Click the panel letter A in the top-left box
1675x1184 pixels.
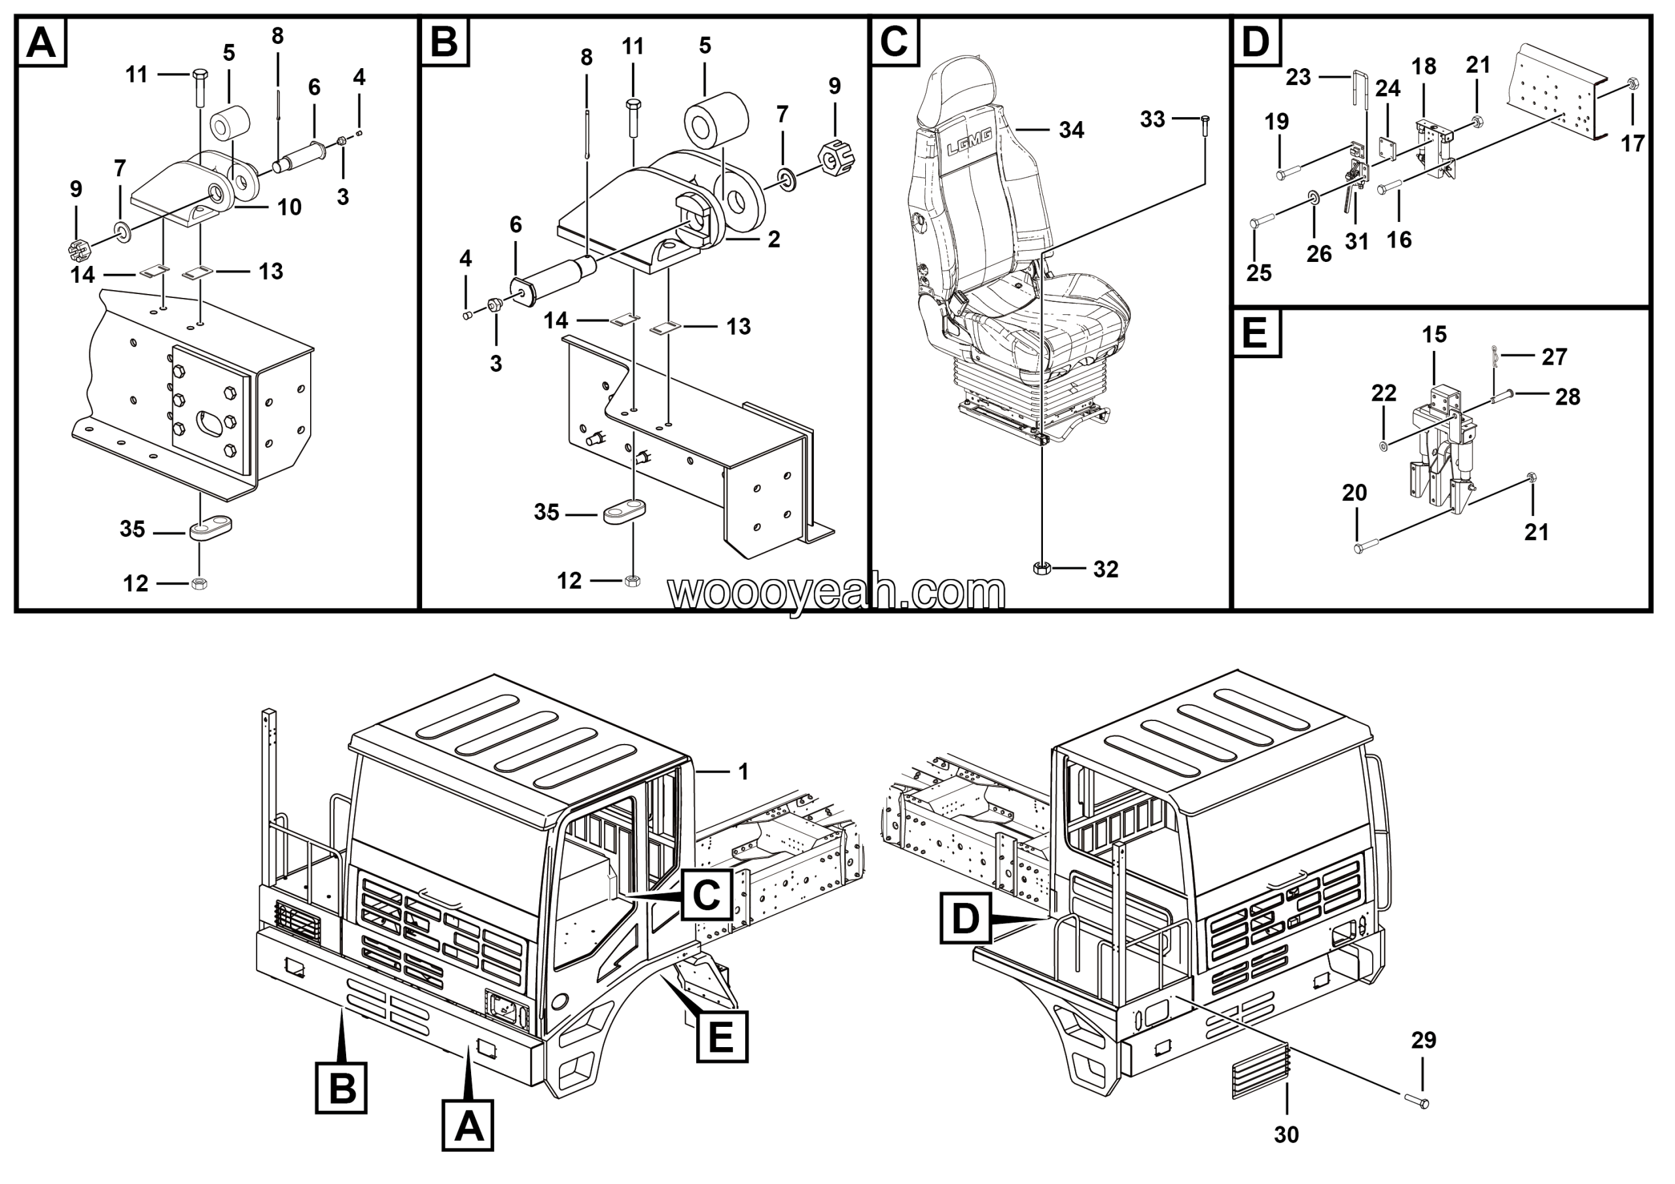pos(41,43)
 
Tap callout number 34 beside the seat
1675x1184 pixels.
pos(1071,131)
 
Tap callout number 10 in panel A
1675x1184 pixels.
pos(289,208)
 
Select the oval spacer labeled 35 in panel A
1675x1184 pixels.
pos(211,527)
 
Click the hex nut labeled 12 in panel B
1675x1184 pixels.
pos(633,580)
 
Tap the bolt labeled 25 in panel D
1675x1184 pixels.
pos(1263,219)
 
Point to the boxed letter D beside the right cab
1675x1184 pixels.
pos(965,917)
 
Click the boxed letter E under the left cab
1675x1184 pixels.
pos(722,1037)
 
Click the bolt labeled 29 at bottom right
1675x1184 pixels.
pos(1416,1102)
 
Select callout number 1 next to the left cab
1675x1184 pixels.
pos(743,771)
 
